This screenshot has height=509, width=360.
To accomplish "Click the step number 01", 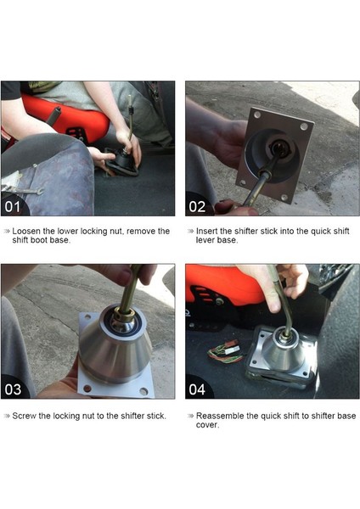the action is coord(13,207).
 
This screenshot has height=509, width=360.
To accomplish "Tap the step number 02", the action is coord(197,207).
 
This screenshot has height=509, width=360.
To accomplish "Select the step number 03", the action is coord(13,389).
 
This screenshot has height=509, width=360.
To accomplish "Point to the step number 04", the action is coord(197,389).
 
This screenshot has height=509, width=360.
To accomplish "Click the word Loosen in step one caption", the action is coord(26,232).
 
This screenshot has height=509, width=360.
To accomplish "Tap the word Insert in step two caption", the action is coord(206,232).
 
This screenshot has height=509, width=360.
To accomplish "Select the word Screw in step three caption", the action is coord(24,416).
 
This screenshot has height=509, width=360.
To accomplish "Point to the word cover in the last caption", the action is coord(206,425).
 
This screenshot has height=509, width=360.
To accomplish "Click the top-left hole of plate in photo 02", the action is coord(257,115).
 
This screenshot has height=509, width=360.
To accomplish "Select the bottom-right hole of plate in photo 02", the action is coord(284,197).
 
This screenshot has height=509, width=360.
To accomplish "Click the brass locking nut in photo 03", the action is coord(124,314).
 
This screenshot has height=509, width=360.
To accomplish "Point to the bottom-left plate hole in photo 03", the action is coord(87,388).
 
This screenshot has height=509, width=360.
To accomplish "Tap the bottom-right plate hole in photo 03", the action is coord(143,391).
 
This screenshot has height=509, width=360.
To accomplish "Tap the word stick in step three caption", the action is coord(156,416).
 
